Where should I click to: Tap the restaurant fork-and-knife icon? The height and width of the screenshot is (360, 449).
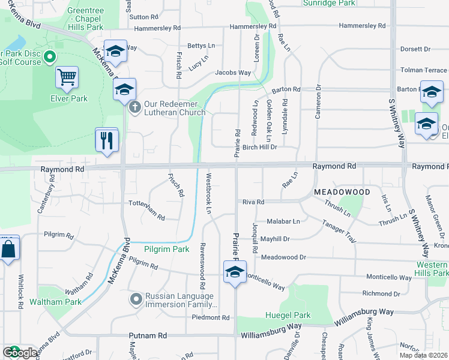(x=107, y=141)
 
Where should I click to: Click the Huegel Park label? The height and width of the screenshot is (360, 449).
(x=288, y=315)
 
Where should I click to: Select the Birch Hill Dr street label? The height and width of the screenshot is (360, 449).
(x=259, y=146)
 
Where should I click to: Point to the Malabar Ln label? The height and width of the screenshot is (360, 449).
(x=283, y=221)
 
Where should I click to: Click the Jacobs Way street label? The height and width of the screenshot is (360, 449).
(x=233, y=73)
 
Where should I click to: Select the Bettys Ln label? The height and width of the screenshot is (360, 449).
(x=201, y=46)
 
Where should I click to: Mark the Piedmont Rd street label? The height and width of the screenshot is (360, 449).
(x=207, y=317)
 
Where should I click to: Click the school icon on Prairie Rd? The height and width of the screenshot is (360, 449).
(x=235, y=272)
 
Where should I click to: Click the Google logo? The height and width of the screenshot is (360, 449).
(x=20, y=353)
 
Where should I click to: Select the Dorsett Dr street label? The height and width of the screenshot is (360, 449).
(x=415, y=49)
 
